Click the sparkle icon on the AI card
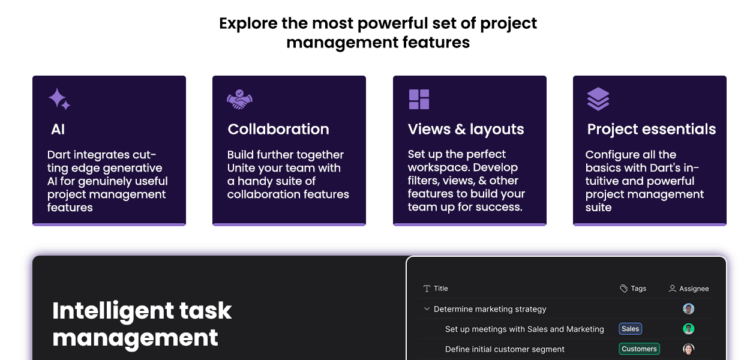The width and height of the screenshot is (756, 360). (59, 99)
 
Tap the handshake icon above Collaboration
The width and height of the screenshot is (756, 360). (239, 100)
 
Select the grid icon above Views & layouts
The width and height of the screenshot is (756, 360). (419, 99)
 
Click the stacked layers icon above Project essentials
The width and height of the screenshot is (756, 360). (598, 99)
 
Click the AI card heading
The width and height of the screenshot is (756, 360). (58, 129)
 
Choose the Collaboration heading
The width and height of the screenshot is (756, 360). (278, 129)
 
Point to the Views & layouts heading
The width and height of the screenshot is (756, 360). (466, 129)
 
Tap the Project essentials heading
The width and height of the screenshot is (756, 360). (651, 129)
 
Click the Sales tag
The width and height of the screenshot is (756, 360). (630, 329)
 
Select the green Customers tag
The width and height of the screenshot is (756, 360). (639, 349)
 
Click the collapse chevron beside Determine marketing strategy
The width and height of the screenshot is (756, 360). (427, 309)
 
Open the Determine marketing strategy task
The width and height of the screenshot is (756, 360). (490, 309)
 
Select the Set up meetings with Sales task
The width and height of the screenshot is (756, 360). (524, 329)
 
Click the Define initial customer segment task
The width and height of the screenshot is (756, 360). (505, 349)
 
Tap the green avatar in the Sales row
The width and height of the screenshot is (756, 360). (688, 329)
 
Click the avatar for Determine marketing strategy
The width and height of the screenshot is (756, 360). (688, 309)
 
